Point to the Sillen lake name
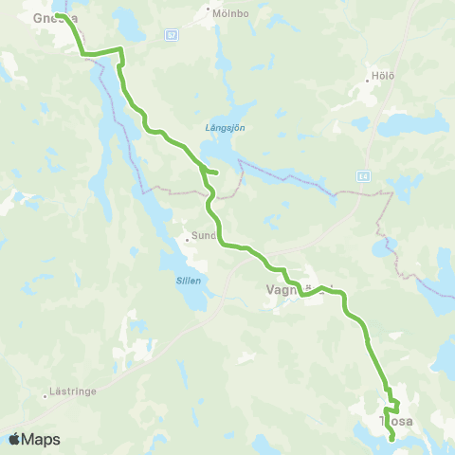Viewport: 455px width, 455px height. tap(189, 281)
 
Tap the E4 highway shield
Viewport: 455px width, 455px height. tap(363, 176)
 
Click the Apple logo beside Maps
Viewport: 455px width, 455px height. tap(14, 439)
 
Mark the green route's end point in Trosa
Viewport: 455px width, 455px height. tap(392, 438)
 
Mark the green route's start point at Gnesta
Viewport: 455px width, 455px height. tap(58, 15)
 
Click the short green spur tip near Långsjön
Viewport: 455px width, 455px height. tap(217, 172)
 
